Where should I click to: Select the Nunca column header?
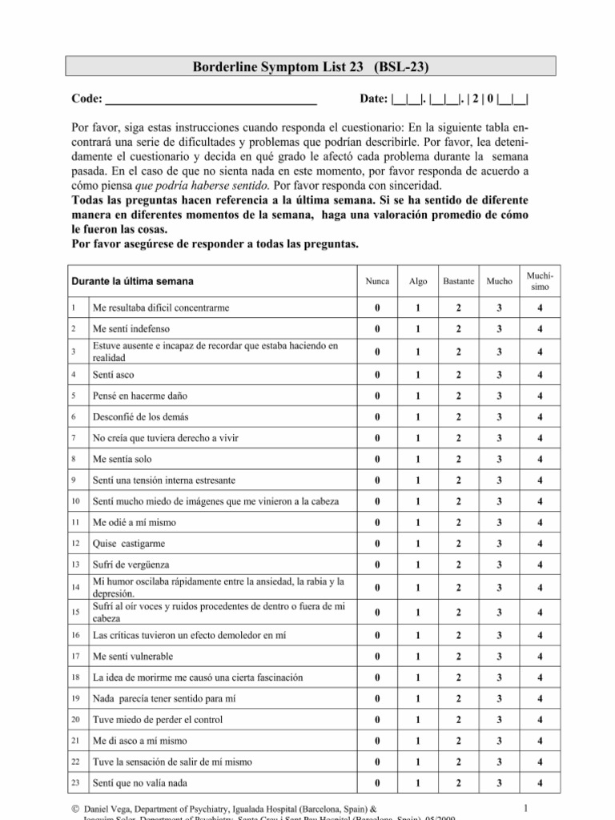click(x=377, y=282)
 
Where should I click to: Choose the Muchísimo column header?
click(x=541, y=281)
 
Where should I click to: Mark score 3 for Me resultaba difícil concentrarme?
click(x=499, y=308)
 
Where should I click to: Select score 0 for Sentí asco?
click(x=377, y=376)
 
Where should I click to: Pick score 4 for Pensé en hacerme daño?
click(x=541, y=395)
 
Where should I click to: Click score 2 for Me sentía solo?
click(x=458, y=460)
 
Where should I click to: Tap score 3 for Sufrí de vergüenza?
click(x=499, y=565)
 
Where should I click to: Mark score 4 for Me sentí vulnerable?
click(x=541, y=655)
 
